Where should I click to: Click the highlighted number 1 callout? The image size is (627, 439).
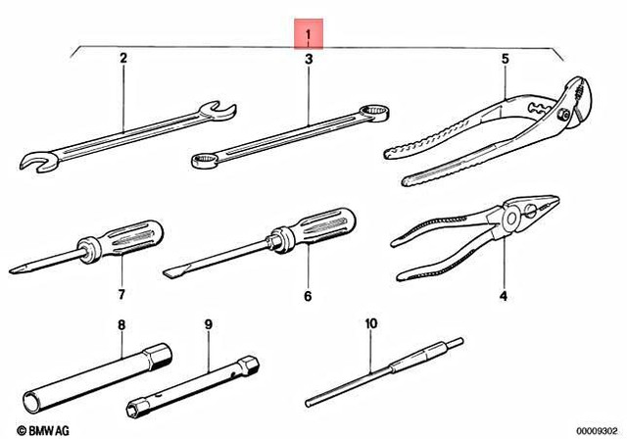[x=309, y=38]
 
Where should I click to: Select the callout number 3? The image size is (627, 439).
[x=309, y=60]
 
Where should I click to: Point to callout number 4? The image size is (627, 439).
[x=505, y=295]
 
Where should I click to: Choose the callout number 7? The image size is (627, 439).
[x=122, y=295]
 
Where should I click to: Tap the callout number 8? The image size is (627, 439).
[x=122, y=323]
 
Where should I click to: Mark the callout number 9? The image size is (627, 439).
[x=208, y=323]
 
